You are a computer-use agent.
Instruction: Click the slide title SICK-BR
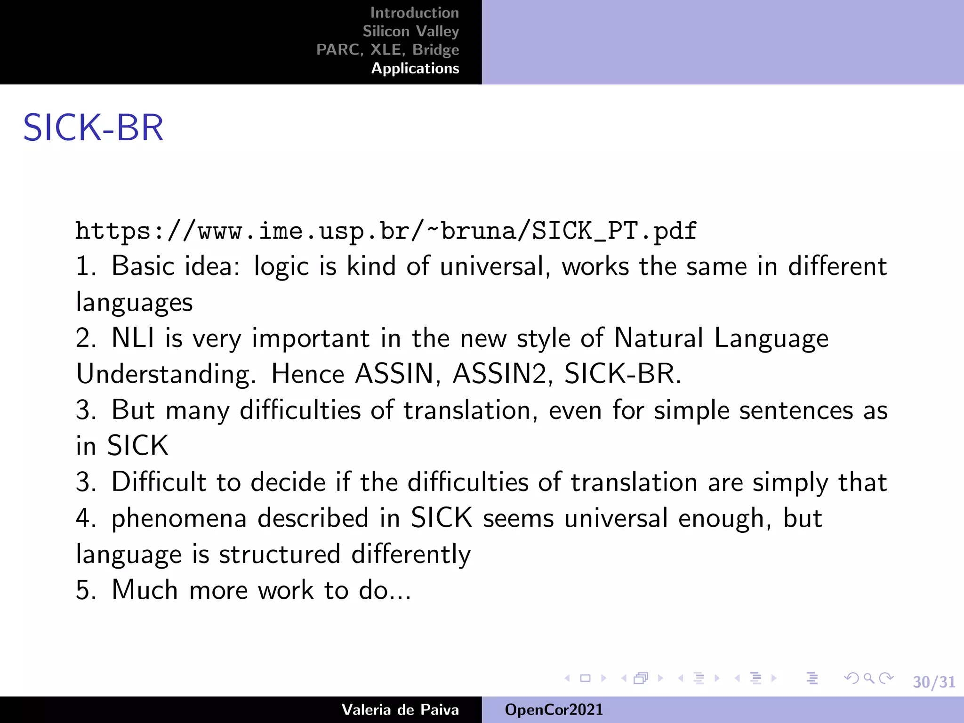tap(93, 128)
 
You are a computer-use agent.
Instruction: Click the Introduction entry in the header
tap(414, 13)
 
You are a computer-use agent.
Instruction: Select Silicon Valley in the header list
tap(410, 31)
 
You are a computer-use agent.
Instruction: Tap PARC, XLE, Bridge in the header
tap(387, 49)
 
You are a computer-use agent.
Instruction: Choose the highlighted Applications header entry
tap(415, 68)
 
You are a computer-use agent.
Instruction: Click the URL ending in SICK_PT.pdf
tap(386, 231)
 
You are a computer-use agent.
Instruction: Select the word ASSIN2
tap(502, 374)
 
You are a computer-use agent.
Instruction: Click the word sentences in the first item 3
tap(795, 410)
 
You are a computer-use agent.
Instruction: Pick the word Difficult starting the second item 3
tap(159, 482)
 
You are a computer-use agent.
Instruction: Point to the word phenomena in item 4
tap(179, 519)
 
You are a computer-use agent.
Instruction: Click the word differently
tap(410, 554)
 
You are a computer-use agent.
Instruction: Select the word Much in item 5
tap(145, 590)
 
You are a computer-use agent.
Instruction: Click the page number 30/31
tap(934, 682)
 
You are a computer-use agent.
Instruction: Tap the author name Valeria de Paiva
tap(400, 710)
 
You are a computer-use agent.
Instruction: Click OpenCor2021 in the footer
tap(554, 710)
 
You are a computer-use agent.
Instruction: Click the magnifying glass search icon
tap(869, 678)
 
